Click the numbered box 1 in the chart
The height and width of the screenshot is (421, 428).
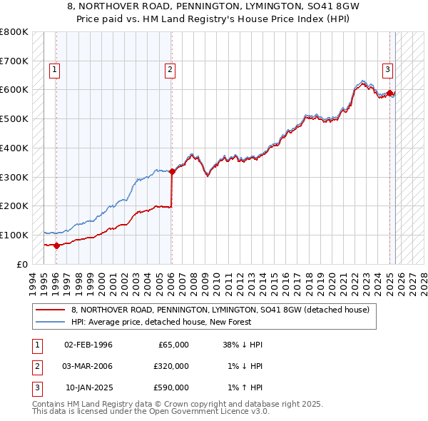[x=55, y=70]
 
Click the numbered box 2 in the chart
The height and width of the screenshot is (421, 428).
[x=170, y=70]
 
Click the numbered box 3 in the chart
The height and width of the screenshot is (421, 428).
[x=387, y=70]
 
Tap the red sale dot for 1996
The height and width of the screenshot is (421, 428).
[x=57, y=245]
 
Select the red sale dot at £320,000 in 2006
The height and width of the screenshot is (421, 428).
[x=172, y=171]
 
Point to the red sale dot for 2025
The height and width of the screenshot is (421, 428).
[x=390, y=92]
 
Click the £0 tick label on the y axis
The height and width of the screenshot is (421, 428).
[x=21, y=264]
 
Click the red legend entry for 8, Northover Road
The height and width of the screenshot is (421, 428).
[x=220, y=310]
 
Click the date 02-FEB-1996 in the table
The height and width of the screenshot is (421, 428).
[x=88, y=345]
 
